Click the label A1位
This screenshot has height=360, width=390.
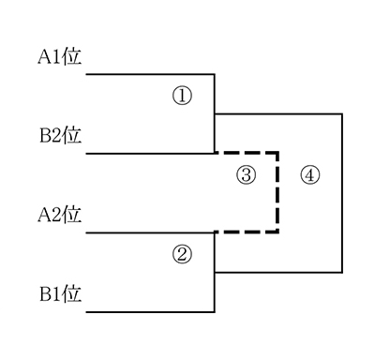(60, 57)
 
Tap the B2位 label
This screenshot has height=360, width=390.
(61, 136)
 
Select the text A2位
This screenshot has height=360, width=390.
(60, 215)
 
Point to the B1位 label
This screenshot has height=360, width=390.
(61, 294)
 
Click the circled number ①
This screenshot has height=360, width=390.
(182, 96)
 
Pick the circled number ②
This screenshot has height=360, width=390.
(182, 254)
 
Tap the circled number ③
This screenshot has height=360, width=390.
(247, 175)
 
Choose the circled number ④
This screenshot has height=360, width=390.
(310, 175)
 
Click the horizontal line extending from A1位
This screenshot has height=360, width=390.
(150, 74)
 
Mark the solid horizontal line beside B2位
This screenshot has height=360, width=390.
(150, 154)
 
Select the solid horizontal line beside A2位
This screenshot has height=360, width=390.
(150, 232)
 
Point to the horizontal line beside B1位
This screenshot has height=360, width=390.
(150, 312)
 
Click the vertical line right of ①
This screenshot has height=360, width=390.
(215, 113)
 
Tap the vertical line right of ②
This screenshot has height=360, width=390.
(215, 272)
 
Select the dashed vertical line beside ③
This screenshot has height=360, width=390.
(277, 192)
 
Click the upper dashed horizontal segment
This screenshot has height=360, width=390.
(247, 153)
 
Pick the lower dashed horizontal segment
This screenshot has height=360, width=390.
(247, 232)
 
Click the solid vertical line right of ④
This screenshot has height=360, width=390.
(342, 193)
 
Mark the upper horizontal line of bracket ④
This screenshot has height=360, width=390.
(278, 114)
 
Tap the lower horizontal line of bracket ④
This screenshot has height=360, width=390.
(278, 273)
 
